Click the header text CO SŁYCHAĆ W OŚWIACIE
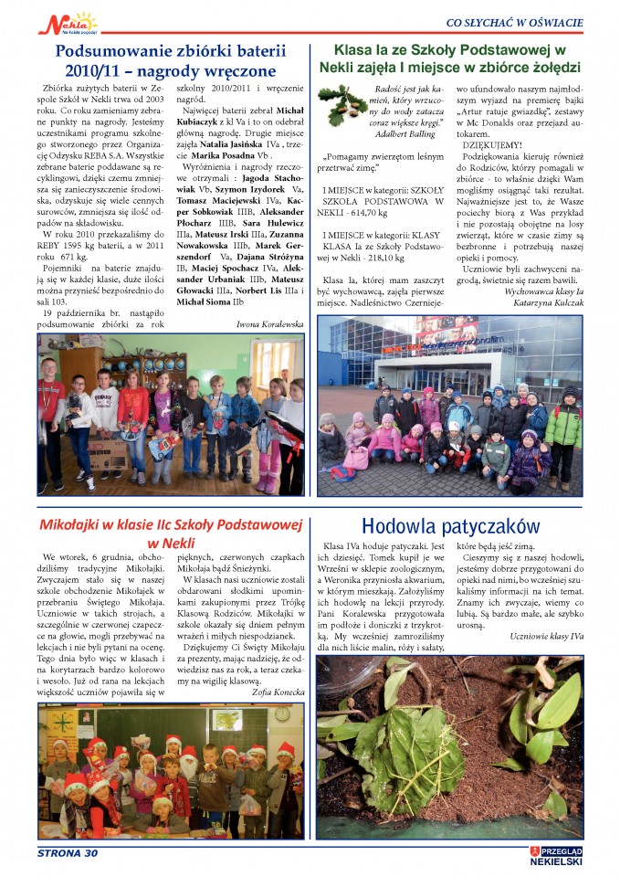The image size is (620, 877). coord(514,22)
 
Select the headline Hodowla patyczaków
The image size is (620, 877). coord(450,525)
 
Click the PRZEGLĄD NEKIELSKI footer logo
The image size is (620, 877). coord(557,855)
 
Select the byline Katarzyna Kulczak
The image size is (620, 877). coord(547,326)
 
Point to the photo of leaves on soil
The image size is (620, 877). coord(449,746)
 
